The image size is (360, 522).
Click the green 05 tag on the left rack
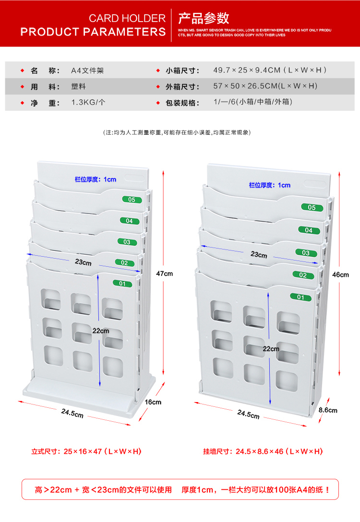coord(132,200)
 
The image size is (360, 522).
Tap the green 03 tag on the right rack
coord(306,253)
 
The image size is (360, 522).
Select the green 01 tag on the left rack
coord(122,284)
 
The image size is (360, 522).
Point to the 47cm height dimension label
coord(164,273)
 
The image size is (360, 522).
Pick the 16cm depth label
coord(153,402)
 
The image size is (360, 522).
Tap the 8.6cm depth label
coord(328,410)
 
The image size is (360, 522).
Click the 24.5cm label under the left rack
coord(72,413)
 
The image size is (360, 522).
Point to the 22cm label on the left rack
coord(101,331)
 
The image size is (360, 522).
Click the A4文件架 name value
coord(87,71)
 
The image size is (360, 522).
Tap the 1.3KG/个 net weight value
coord(88,102)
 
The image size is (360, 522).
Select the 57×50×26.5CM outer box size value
coord(265,86)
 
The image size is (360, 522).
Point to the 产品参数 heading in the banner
coord(204,18)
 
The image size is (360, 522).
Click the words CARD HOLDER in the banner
coord(127,19)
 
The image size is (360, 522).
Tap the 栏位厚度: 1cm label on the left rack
coord(95,179)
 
